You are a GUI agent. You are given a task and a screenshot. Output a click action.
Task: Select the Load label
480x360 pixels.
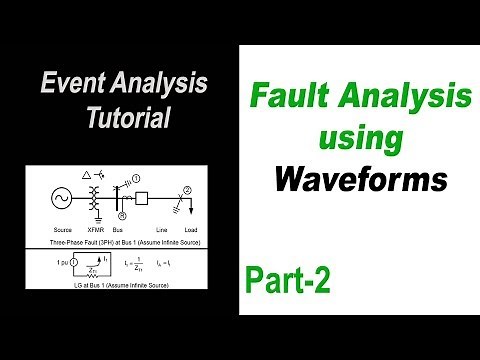(x=204, y=231)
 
